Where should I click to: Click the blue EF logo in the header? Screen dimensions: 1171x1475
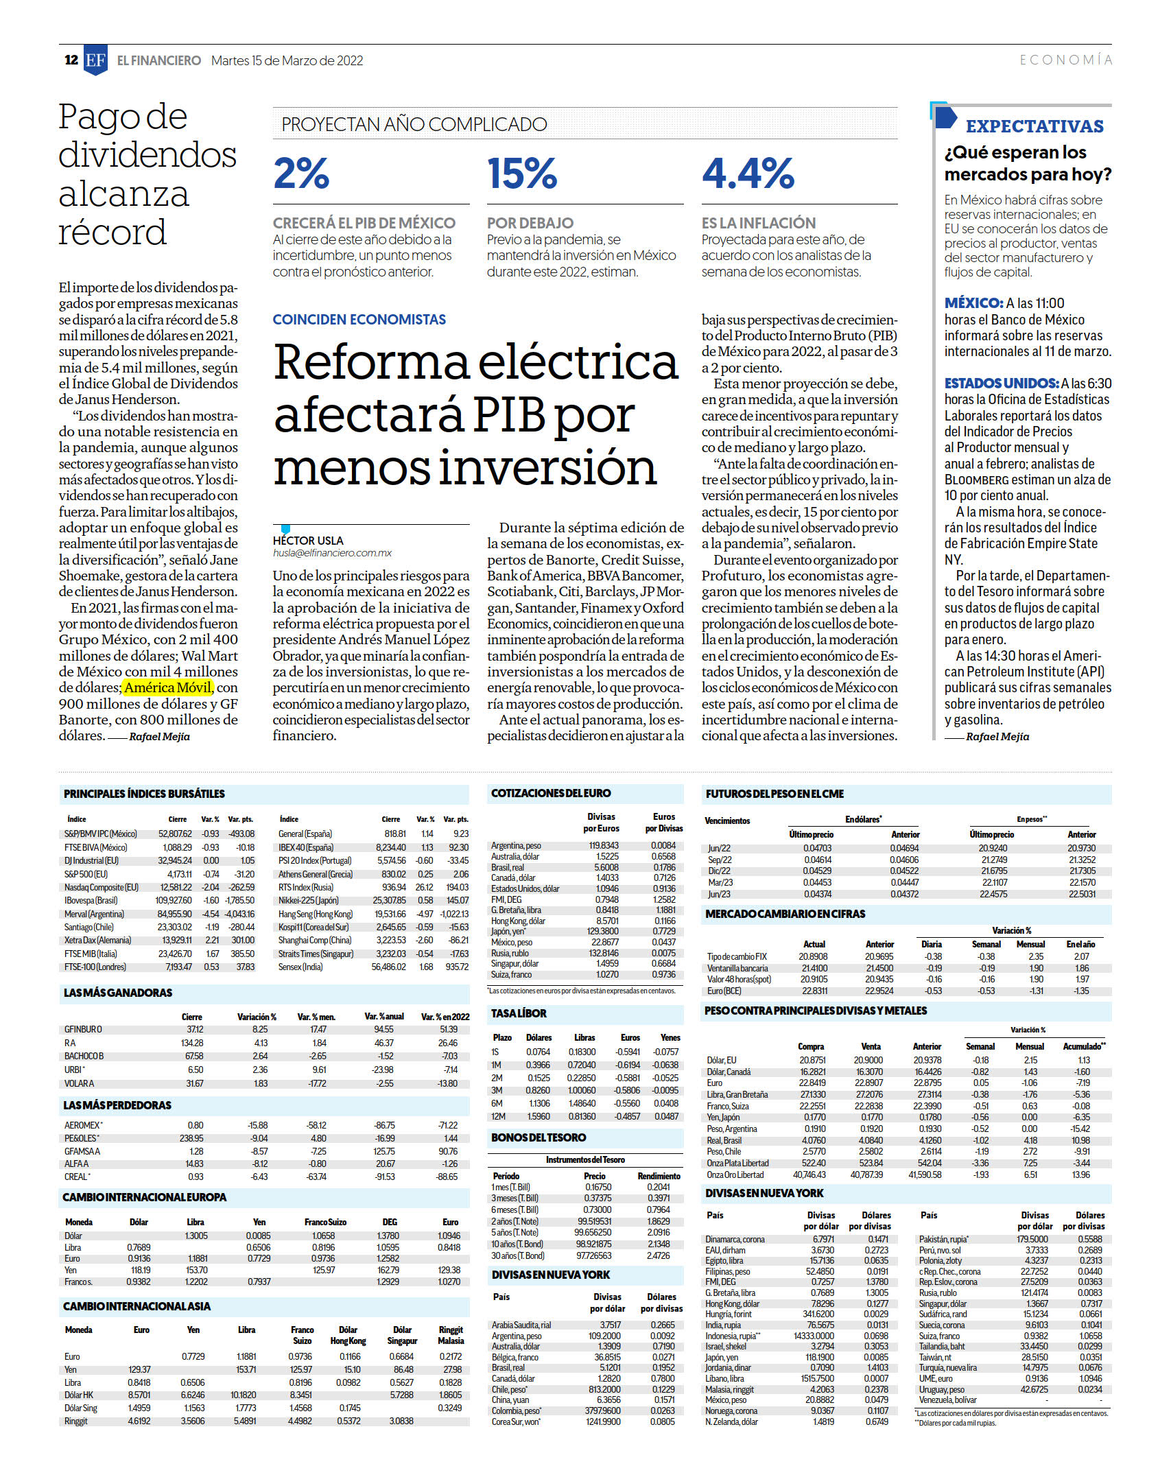[95, 60]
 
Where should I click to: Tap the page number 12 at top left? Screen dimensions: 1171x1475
[71, 60]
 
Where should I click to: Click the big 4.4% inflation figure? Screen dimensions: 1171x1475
[748, 173]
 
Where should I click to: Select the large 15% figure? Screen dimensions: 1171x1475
[522, 173]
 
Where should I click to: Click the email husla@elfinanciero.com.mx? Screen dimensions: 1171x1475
[332, 553]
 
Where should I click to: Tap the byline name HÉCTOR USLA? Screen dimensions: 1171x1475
[308, 541]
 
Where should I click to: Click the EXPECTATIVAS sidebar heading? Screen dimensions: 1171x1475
[1034, 126]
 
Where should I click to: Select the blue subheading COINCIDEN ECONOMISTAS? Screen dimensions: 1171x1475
[359, 319]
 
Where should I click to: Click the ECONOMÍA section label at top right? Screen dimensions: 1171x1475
[1065, 60]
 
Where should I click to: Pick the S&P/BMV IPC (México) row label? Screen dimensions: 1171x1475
[101, 834]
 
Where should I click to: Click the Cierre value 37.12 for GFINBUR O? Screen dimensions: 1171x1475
[195, 1029]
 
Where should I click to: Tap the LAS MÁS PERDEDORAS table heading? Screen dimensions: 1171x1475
[117, 1105]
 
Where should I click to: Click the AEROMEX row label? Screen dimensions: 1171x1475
[83, 1125]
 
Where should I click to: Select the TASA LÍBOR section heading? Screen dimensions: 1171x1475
[519, 1013]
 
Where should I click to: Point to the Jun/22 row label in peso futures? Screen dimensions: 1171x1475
[720, 848]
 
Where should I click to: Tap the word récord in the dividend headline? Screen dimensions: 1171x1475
[113, 232]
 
